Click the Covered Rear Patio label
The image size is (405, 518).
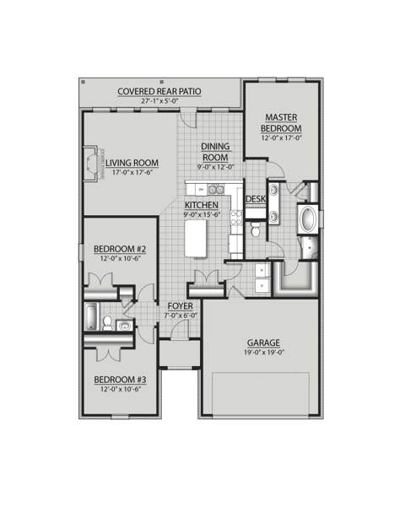point(159,91)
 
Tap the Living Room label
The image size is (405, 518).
point(132,163)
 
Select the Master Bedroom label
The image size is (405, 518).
point(281,123)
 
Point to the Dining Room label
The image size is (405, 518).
point(215,152)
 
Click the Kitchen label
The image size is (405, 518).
point(202,205)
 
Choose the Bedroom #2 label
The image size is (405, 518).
point(121,249)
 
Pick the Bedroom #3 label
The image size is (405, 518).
point(121,380)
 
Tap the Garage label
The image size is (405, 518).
point(263,343)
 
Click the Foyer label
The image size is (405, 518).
point(181,306)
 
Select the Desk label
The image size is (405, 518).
point(256,199)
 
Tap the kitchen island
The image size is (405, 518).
point(196,238)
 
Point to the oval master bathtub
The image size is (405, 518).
point(308,219)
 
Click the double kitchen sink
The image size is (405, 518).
point(216,190)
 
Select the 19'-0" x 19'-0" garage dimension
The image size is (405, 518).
point(264,353)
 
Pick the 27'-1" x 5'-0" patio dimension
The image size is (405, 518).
point(159,100)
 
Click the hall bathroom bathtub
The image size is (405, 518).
point(92,316)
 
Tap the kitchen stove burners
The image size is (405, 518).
point(236,218)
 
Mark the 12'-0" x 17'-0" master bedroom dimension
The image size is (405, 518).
point(282,138)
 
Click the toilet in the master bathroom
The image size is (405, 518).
point(256,229)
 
